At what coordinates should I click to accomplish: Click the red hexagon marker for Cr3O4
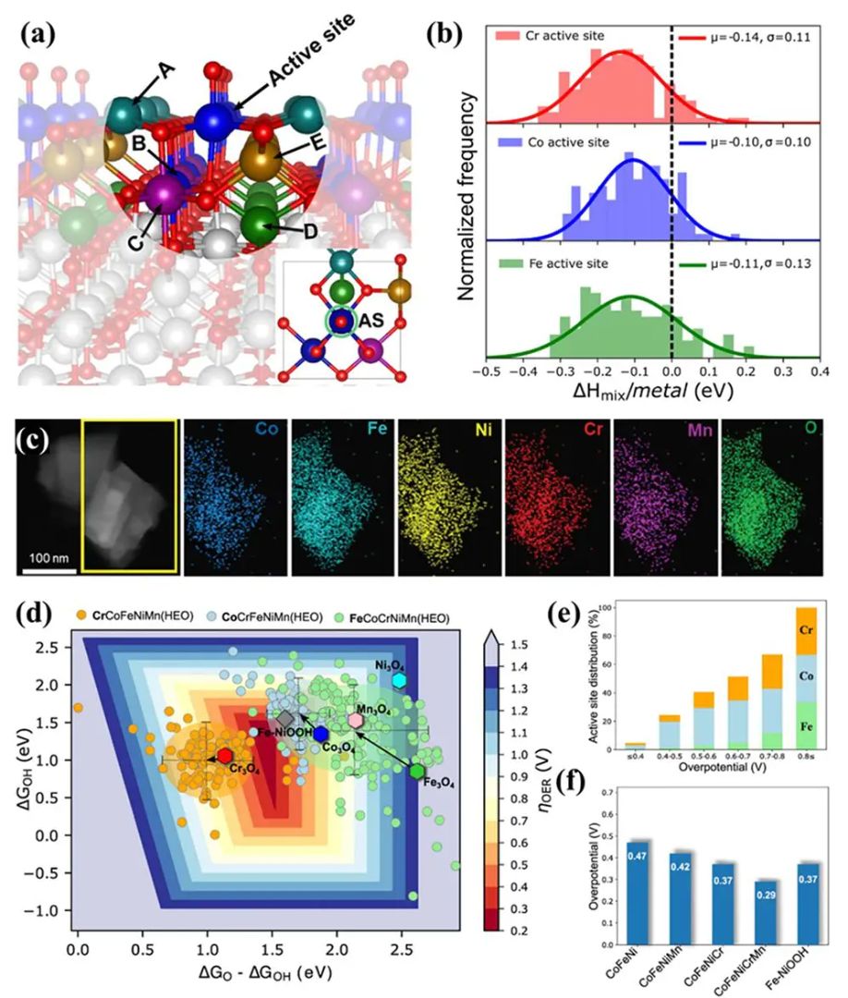(224, 756)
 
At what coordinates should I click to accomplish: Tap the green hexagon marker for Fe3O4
(418, 771)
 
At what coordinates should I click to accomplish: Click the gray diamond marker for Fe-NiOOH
(285, 718)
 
